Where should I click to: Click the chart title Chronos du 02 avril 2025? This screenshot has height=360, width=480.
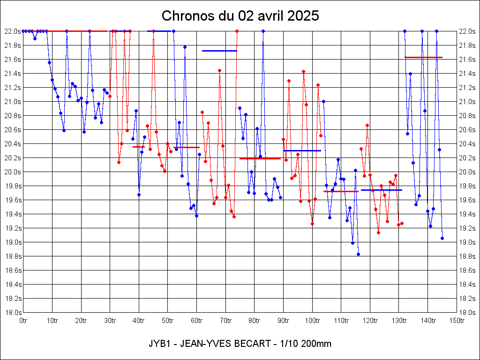pos(240,15)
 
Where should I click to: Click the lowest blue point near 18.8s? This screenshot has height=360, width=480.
pos(358,254)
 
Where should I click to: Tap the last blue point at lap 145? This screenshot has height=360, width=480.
pos(442,238)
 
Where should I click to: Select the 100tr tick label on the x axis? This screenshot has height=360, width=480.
pos(312,321)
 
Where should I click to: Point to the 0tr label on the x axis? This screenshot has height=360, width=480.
pos(23,321)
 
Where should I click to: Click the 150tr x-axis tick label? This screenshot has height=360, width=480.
pos(457,321)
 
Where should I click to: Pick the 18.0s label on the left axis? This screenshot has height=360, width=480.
pos(12,313)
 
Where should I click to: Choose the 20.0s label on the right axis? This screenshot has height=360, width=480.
pos(467,172)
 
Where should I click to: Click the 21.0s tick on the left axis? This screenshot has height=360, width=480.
pos(12,102)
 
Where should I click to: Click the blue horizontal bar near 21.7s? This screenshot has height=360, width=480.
pos(219,51)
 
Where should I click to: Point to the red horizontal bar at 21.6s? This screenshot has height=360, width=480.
pos(423,57)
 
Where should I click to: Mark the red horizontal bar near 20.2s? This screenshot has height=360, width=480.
pos(260,158)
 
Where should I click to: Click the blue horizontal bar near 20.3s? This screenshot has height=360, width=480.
pos(302,150)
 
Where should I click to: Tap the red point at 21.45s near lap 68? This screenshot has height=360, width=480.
pos(219,70)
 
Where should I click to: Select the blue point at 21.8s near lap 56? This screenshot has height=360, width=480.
pos(185,47)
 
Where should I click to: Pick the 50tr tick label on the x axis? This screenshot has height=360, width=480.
pos(168,321)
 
